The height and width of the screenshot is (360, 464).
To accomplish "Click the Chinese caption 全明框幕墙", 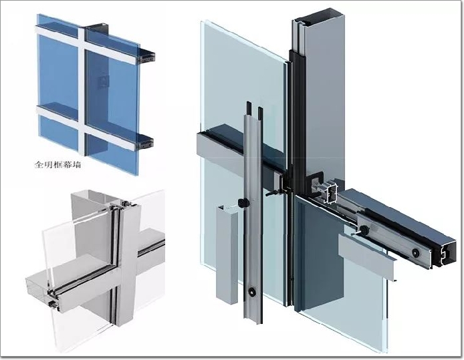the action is (x=57, y=164).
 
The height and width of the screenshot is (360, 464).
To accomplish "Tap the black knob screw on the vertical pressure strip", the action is (x=243, y=203).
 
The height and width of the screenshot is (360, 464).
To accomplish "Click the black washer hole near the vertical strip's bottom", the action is (x=252, y=291).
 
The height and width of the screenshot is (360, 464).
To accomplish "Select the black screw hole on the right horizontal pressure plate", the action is (x=416, y=252).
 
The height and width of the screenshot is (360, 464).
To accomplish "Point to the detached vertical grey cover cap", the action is (x=227, y=254).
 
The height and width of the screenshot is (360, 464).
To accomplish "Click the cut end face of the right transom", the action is (x=446, y=254).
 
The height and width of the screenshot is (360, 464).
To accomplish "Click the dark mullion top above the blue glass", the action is (x=98, y=27).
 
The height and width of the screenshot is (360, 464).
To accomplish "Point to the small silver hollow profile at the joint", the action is (x=331, y=193).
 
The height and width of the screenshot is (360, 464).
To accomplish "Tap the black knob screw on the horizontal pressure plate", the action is (x=364, y=228).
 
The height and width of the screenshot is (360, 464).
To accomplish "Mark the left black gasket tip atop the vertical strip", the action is (x=249, y=108).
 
